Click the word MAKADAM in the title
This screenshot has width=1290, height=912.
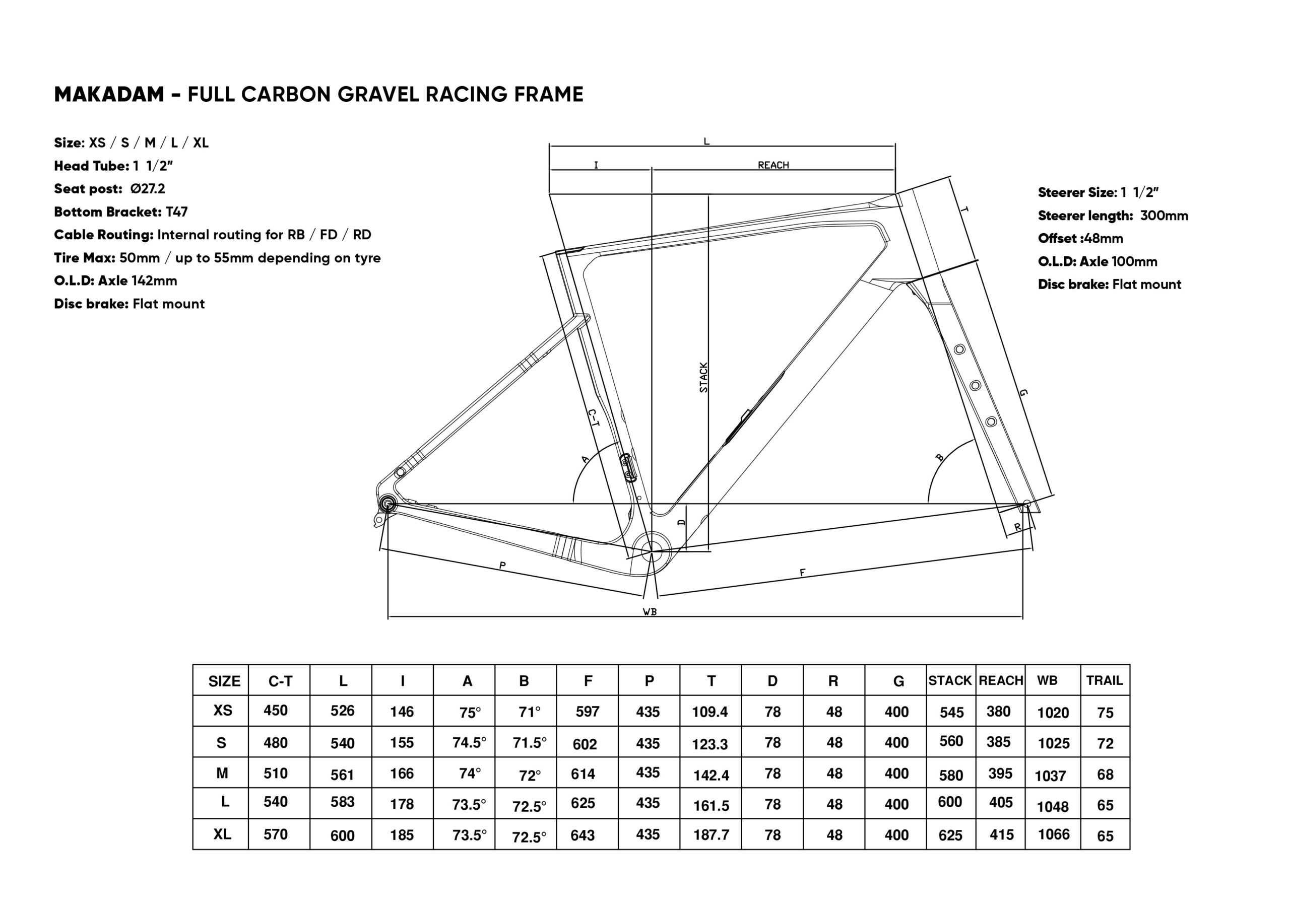109,94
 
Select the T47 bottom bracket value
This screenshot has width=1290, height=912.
176,212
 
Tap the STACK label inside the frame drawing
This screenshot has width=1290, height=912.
703,377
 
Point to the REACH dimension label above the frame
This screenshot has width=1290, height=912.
773,165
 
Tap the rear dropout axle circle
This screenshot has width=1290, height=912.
387,504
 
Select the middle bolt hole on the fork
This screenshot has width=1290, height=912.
976,385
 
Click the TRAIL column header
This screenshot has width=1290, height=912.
1104,681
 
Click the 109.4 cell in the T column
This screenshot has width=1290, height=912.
709,712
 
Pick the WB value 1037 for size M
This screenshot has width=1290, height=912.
1050,776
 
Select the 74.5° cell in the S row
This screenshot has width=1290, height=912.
469,743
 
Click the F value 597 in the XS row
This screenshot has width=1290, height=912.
587,712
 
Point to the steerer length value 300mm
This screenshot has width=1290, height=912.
1164,216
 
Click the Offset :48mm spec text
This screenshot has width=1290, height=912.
1080,238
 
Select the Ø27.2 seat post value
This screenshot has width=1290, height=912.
147,189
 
